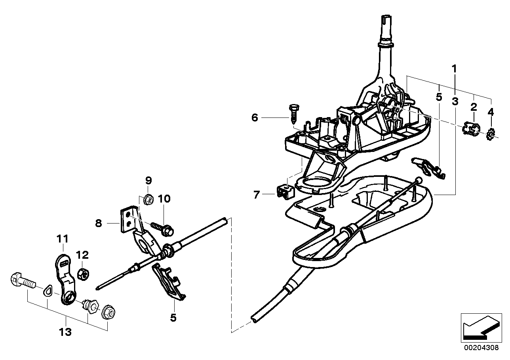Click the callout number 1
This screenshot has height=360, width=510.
pyautogui.click(x=455, y=68)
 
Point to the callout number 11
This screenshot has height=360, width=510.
pyautogui.click(x=62, y=239)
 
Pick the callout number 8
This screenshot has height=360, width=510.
pyautogui.click(x=99, y=224)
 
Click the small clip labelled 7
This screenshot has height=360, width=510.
pyautogui.click(x=284, y=191)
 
